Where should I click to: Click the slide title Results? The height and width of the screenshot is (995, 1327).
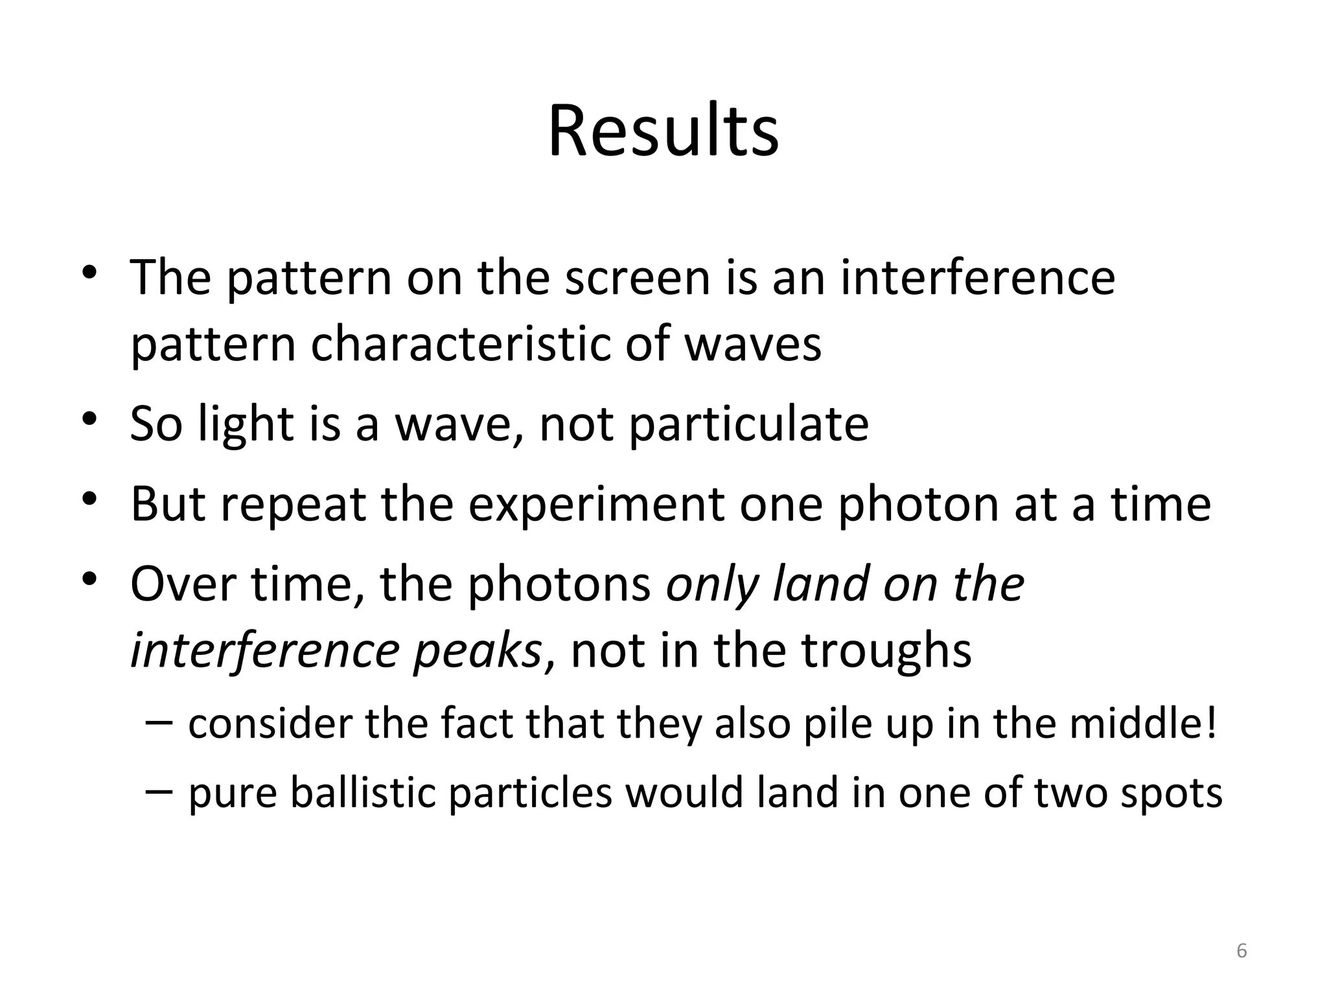(x=663, y=132)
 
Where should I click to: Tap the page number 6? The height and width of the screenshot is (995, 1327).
(x=1241, y=952)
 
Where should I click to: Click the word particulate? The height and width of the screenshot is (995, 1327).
(x=749, y=424)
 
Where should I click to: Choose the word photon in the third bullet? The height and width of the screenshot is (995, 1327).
(x=919, y=505)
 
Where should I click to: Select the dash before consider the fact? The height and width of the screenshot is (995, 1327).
(x=159, y=721)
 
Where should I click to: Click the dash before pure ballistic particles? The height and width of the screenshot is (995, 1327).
(x=159, y=790)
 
